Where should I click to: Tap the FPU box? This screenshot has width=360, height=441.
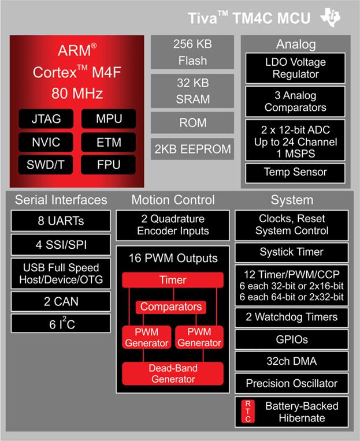click(x=109, y=164)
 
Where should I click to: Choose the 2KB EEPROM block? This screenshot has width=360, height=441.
click(x=193, y=149)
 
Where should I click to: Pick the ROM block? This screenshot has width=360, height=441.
click(x=193, y=122)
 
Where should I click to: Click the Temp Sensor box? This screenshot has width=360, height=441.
click(x=295, y=172)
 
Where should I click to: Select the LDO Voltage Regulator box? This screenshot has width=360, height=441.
click(x=295, y=68)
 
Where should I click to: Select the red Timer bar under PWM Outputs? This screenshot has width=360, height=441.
click(x=173, y=281)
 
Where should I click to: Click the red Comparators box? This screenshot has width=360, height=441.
click(x=171, y=307)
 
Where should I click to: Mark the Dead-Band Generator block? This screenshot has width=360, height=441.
click(x=173, y=373)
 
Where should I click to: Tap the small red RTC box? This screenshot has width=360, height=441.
click(x=247, y=411)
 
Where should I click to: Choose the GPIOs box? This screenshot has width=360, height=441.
click(x=292, y=339)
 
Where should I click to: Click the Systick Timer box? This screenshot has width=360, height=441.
click(x=292, y=252)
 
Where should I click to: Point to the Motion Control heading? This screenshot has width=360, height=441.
click(x=172, y=200)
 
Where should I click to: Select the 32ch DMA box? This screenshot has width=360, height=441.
click(x=292, y=361)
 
